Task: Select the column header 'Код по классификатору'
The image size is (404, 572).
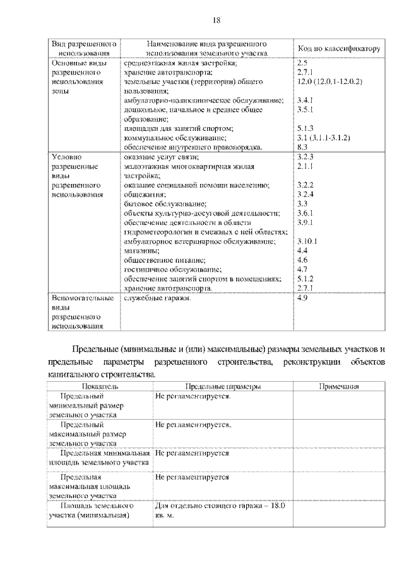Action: [338, 49]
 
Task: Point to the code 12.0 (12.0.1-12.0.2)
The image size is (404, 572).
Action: [329, 82]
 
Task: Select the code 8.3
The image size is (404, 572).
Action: [302, 147]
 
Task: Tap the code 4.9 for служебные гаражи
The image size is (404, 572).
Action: [302, 298]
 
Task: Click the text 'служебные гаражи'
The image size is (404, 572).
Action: [157, 298]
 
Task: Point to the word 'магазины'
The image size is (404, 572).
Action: [140, 250]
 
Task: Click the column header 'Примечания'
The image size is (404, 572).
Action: [338, 386]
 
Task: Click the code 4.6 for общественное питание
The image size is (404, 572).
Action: [302, 260]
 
